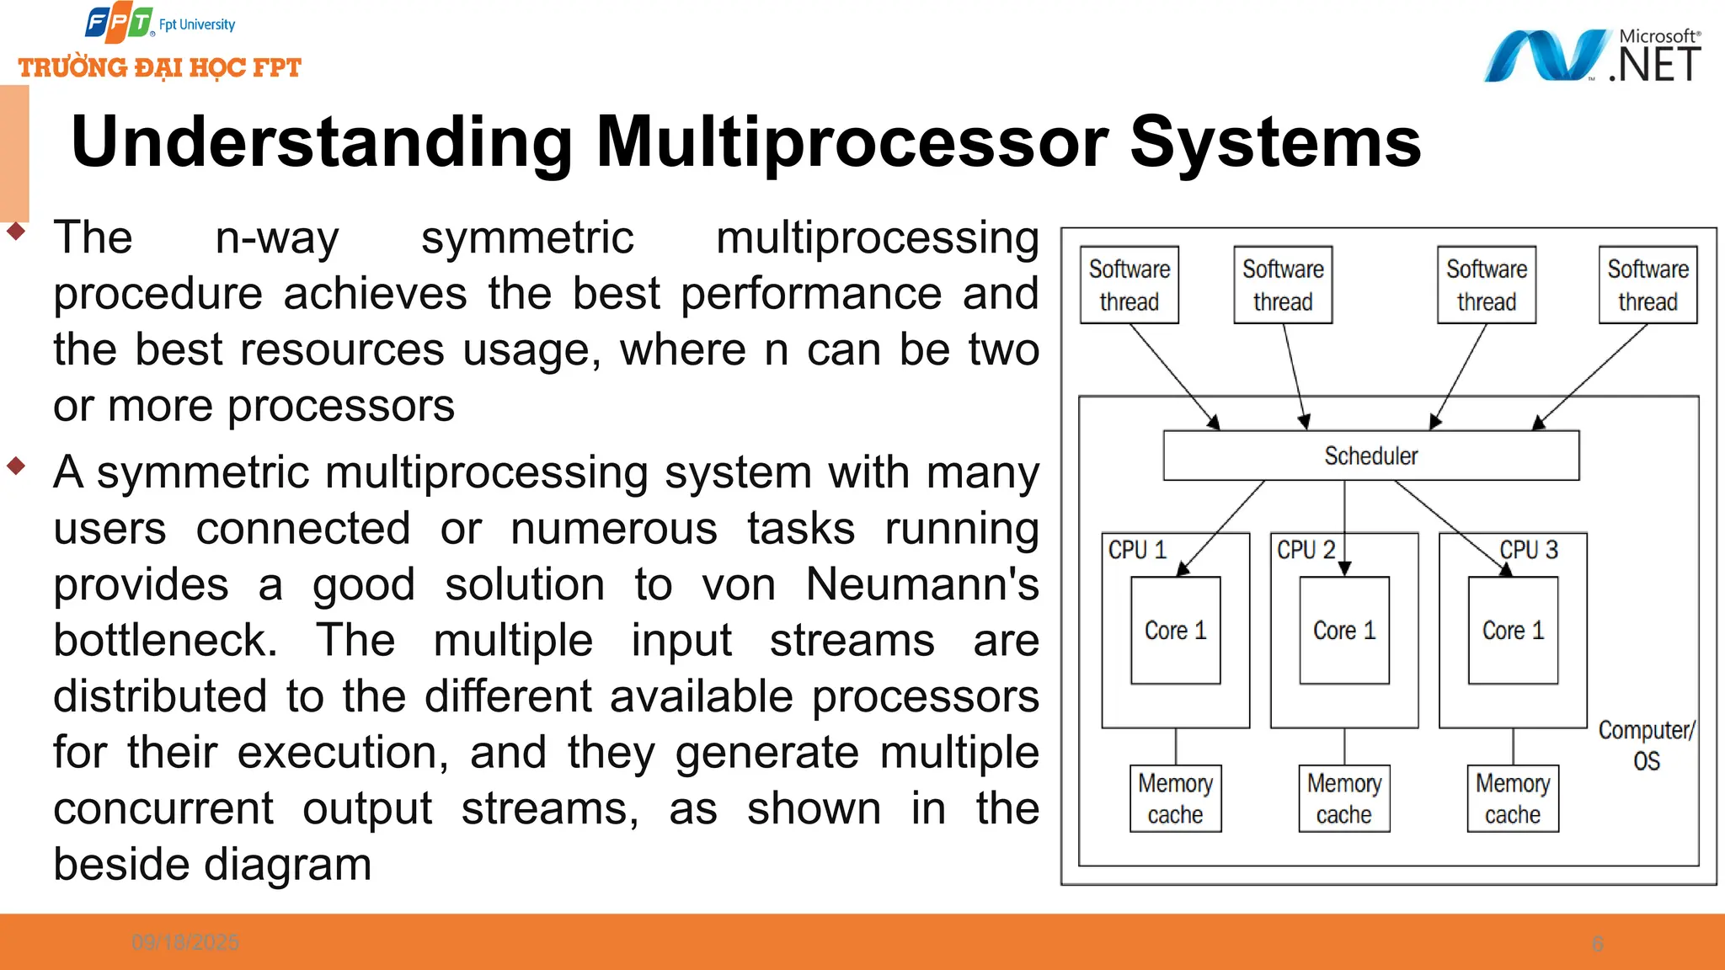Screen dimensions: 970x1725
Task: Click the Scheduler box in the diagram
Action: [x=1370, y=456]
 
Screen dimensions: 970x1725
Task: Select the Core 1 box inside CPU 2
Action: [x=1343, y=630]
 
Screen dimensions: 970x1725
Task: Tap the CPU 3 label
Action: [x=1529, y=550]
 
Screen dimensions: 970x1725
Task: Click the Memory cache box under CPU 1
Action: [x=1175, y=798]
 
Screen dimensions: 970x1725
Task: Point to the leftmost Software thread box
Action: [x=1129, y=285]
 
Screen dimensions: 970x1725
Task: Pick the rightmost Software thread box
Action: [x=1648, y=285]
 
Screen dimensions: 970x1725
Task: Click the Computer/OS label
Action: [x=1646, y=745]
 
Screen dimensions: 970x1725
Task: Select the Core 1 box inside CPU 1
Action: [x=1175, y=630]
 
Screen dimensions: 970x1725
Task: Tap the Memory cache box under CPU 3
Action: [x=1513, y=798]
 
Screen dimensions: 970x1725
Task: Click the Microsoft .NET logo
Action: [x=1592, y=56]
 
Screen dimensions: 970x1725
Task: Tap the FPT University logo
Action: [x=160, y=24]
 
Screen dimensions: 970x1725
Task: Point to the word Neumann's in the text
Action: [x=921, y=584]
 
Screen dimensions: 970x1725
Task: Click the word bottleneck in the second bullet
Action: [x=165, y=640]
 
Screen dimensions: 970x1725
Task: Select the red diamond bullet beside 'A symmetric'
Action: [x=16, y=465]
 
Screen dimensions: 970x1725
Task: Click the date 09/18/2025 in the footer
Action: [x=185, y=942]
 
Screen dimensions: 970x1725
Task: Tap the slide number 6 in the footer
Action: [x=1597, y=943]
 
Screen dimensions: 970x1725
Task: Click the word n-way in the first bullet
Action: [x=276, y=237]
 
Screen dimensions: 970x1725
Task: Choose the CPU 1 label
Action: [x=1137, y=550]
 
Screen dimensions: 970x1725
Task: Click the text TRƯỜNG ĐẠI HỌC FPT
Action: [x=160, y=67]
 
